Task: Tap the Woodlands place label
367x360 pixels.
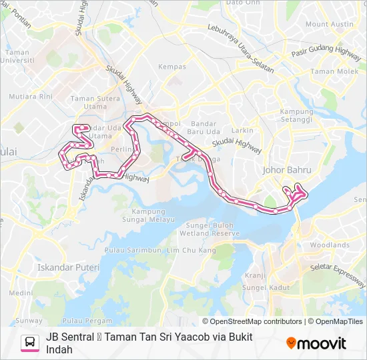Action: coord(329,245)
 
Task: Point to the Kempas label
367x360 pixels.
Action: coord(172,67)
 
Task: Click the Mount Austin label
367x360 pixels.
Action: coord(330,24)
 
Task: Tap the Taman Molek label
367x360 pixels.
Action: coord(334,71)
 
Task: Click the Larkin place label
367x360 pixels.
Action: coord(242,131)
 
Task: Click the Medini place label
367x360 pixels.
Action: coord(21,293)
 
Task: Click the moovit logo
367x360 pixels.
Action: coord(316,343)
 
